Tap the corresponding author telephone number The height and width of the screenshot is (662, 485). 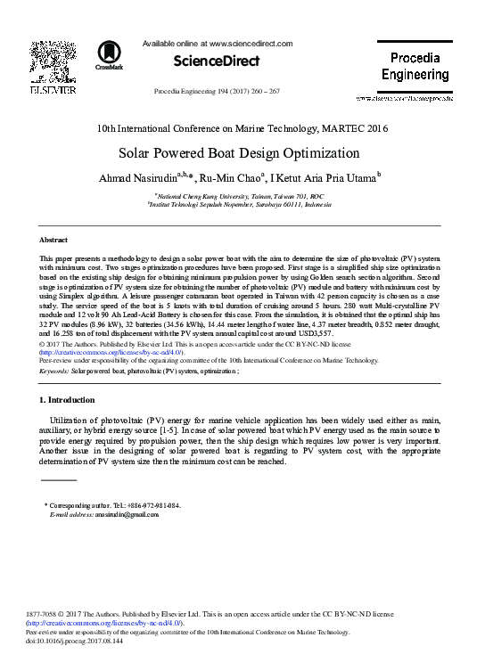coord(152,505)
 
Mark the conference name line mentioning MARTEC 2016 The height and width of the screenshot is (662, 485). coord(242,128)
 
